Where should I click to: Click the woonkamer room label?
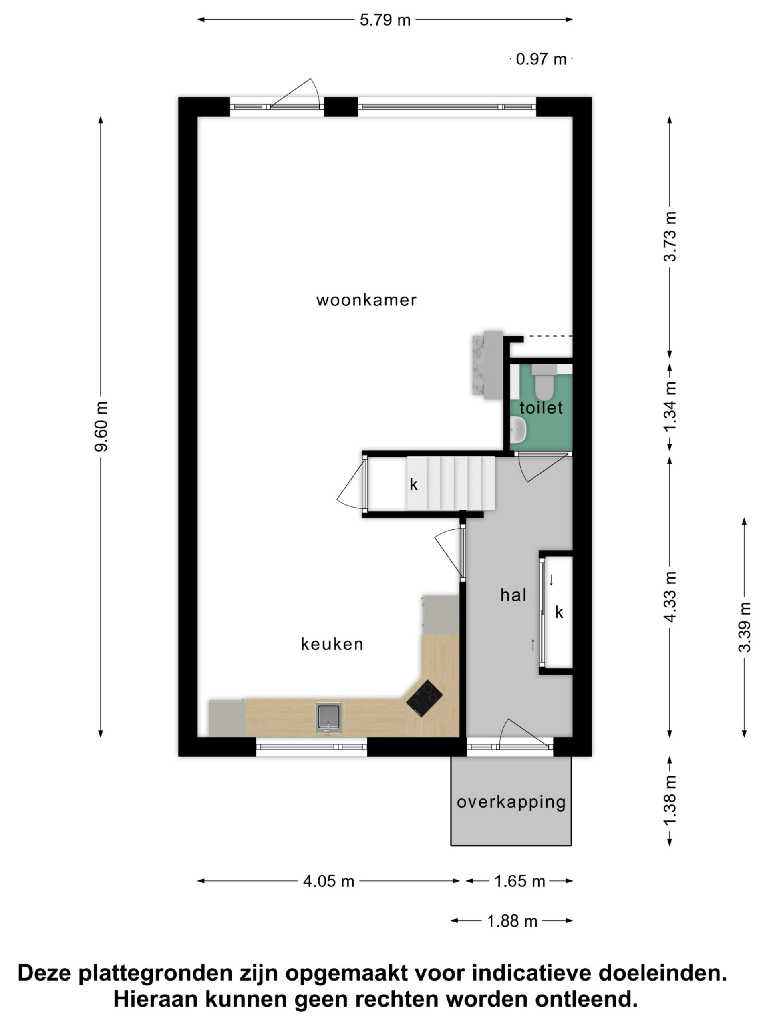(x=366, y=300)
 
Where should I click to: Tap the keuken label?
(x=332, y=644)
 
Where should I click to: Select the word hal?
(x=513, y=595)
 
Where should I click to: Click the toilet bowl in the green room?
(x=544, y=383)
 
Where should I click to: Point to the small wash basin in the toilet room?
(x=519, y=429)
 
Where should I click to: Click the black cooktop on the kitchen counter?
(x=424, y=698)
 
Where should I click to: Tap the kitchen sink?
(x=329, y=718)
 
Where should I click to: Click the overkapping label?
(x=511, y=802)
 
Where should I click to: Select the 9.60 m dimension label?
(x=101, y=426)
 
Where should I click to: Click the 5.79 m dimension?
(x=385, y=20)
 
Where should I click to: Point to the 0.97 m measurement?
(x=541, y=59)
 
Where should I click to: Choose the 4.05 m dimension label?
(x=329, y=881)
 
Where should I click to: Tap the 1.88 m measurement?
(x=512, y=921)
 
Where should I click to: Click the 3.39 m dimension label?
(x=745, y=627)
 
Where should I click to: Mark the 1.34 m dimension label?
(x=670, y=406)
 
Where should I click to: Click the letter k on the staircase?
(x=413, y=485)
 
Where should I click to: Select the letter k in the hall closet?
(x=559, y=613)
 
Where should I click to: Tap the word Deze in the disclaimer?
(x=45, y=972)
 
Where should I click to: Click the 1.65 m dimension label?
(x=519, y=881)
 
